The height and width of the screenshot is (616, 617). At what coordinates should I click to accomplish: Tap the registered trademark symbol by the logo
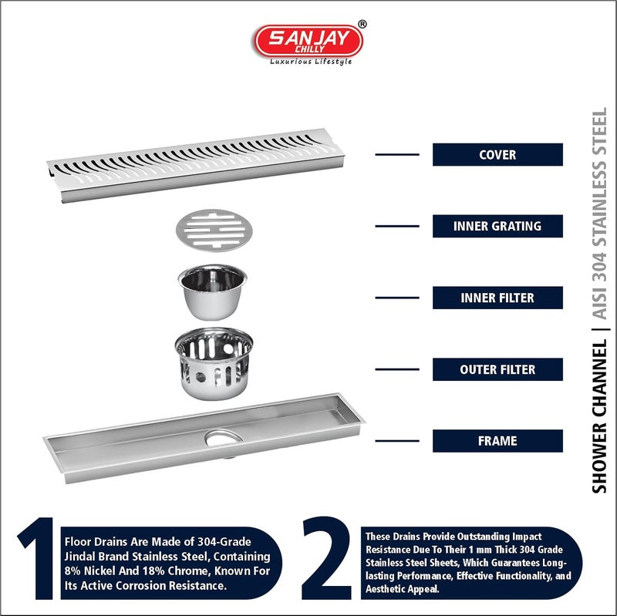[x=362, y=25]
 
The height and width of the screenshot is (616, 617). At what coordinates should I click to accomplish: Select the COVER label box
[x=497, y=154]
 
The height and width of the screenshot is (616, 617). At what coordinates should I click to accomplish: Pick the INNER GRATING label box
[x=497, y=226]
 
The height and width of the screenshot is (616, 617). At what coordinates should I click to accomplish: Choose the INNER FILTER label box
[x=497, y=298]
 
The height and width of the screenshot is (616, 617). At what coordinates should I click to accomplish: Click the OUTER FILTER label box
[x=497, y=369]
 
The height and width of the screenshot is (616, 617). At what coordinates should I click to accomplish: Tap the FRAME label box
[x=497, y=441]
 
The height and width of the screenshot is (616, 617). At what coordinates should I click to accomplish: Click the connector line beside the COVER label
[x=396, y=154]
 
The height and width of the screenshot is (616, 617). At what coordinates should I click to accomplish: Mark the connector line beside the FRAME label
[x=396, y=441]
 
